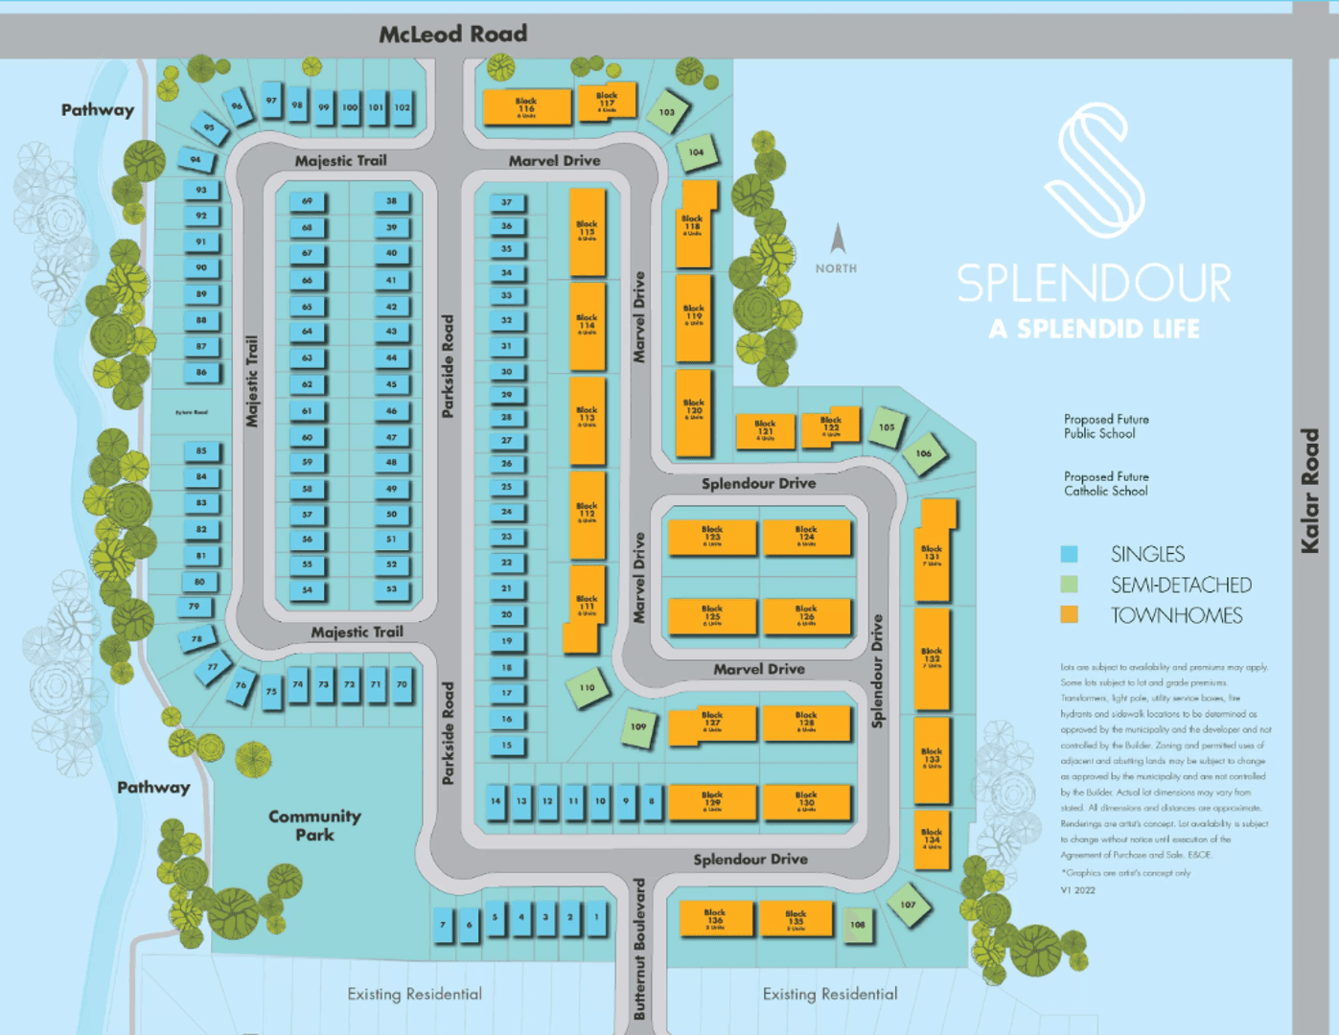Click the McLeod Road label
click(452, 34)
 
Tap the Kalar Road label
click(1310, 491)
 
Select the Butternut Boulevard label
click(639, 948)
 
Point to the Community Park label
click(314, 825)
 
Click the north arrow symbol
click(838, 239)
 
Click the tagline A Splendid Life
click(1094, 330)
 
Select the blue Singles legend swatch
click(1070, 554)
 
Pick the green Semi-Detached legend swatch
click(1070, 585)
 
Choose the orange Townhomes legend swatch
click(1070, 615)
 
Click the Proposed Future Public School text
click(1105, 426)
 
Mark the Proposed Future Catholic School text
click(1105, 484)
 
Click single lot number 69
click(308, 201)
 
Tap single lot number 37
click(507, 202)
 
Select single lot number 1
click(596, 917)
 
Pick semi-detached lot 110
click(587, 687)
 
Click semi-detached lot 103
click(667, 112)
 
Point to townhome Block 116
click(526, 105)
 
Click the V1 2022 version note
click(1077, 890)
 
